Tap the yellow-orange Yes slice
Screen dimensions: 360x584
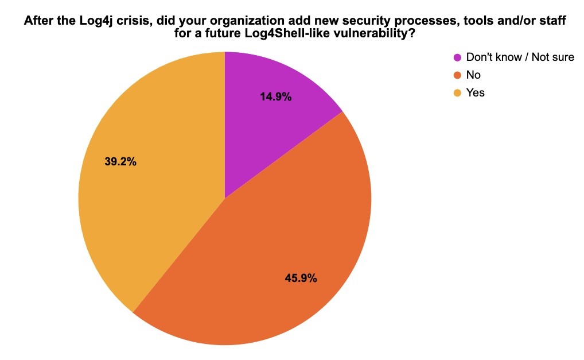click(x=149, y=189)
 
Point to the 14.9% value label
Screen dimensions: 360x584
click(x=275, y=97)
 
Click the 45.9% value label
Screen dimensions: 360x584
click(x=301, y=278)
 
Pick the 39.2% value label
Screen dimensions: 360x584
click(x=120, y=162)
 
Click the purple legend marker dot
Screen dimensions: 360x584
click(x=457, y=57)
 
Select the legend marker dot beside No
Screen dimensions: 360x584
click(x=457, y=75)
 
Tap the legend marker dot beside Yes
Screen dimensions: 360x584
click(x=457, y=92)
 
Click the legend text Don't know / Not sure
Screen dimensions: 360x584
click(x=520, y=57)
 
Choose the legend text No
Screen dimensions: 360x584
click(x=473, y=75)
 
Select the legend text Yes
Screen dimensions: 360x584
click(x=476, y=92)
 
